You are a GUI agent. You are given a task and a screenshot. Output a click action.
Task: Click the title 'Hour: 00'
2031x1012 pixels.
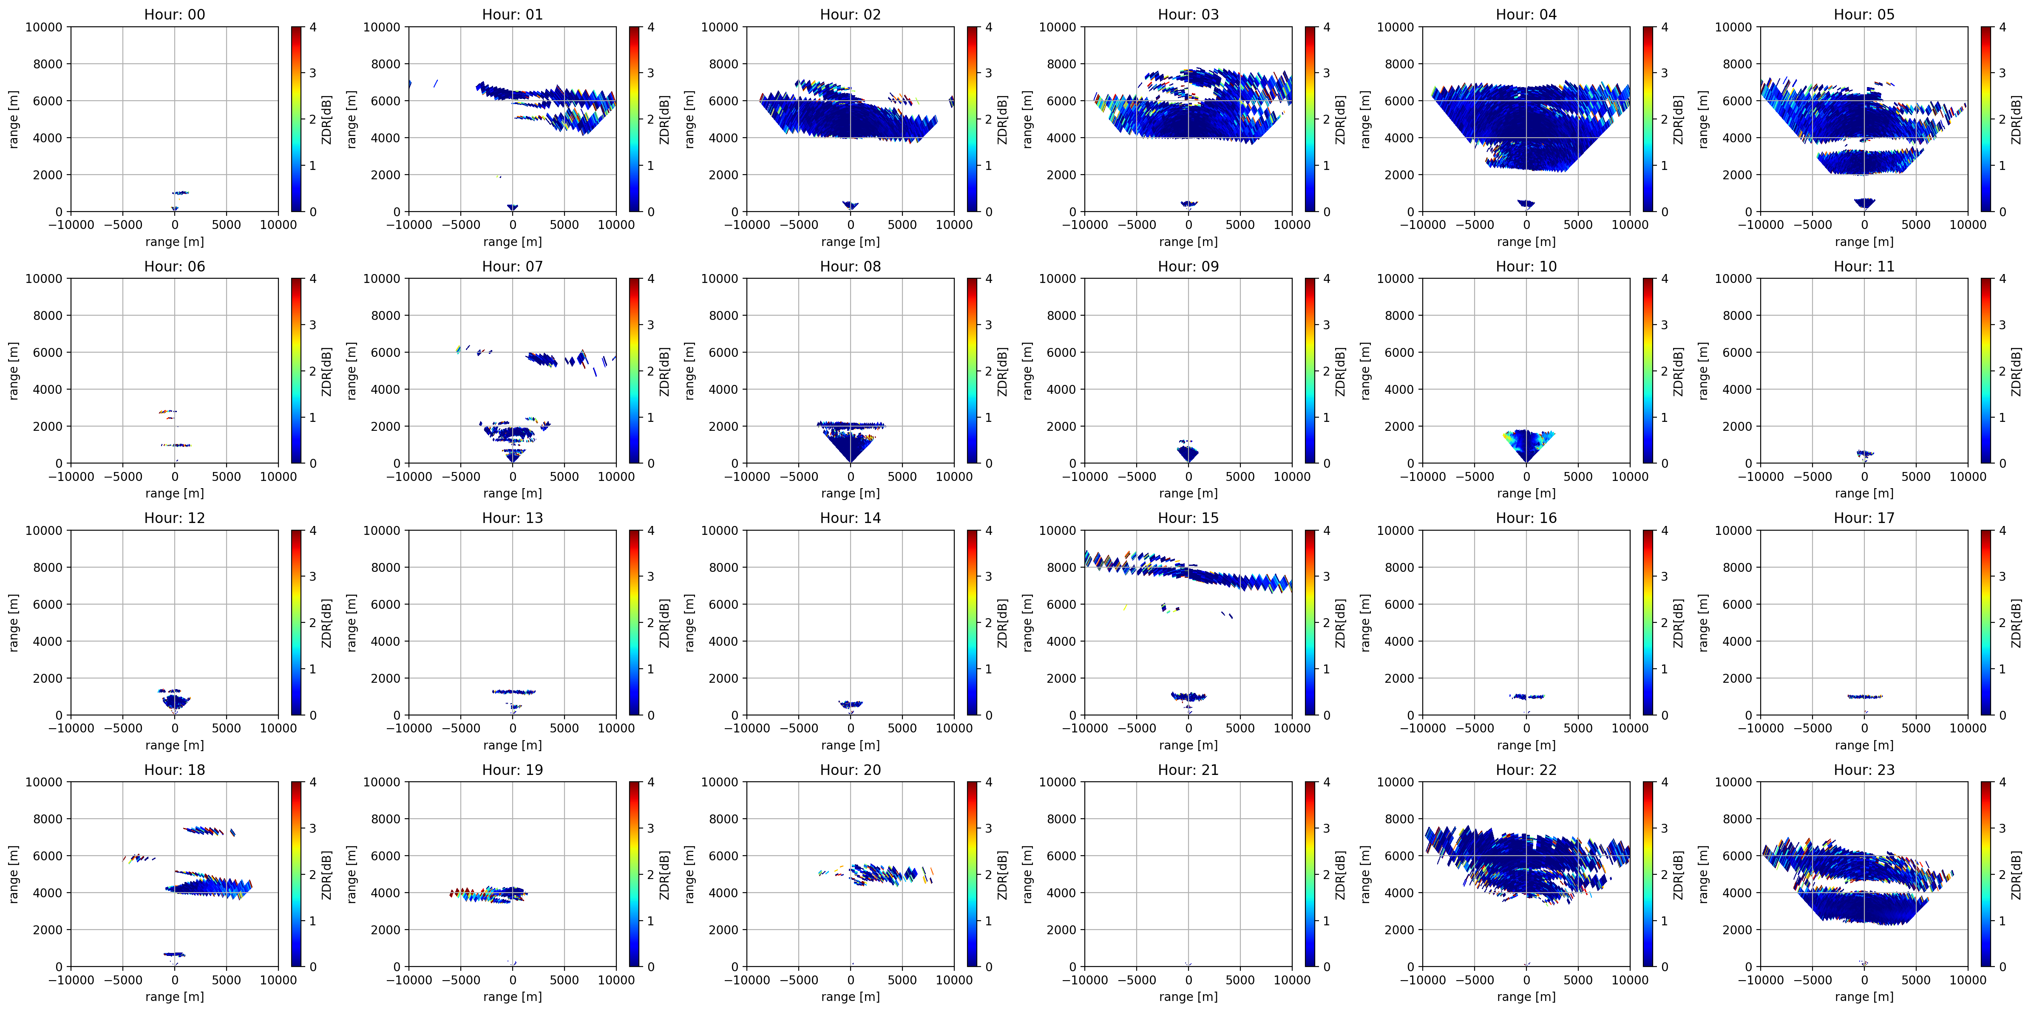pos(174,14)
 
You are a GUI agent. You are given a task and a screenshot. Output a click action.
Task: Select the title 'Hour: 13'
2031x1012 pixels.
pos(513,518)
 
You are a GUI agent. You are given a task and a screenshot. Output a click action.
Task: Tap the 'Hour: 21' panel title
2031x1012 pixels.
pos(1188,769)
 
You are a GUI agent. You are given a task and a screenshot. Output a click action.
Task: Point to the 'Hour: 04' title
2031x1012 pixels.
pos(1526,14)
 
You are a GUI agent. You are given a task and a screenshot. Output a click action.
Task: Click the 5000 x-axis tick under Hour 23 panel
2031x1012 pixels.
pos(1916,980)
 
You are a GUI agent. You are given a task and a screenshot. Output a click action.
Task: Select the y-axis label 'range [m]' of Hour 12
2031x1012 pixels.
pos(14,623)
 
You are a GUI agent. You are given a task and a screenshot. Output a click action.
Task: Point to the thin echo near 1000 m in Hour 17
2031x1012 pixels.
pos(1865,696)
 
